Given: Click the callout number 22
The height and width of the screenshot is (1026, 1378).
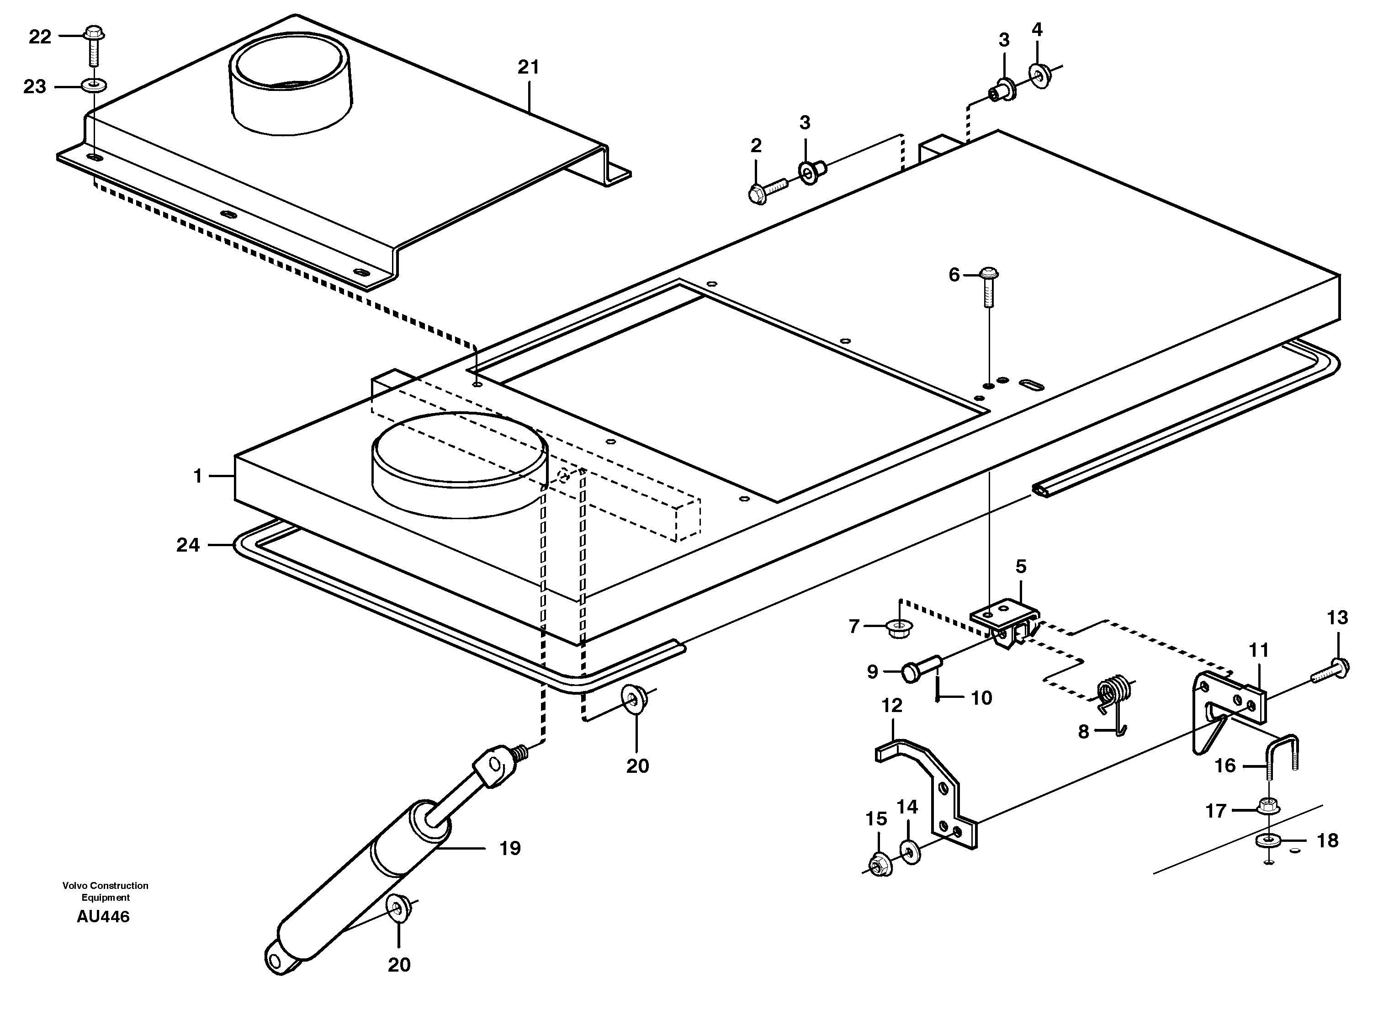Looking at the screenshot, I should (x=40, y=37).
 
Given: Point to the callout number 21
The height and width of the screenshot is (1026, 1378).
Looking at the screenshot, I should (x=528, y=67).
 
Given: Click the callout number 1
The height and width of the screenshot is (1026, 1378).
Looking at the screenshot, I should (x=197, y=476).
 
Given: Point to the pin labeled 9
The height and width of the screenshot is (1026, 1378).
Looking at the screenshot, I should (x=919, y=670).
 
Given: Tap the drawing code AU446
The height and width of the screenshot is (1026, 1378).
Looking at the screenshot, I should (x=103, y=917).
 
